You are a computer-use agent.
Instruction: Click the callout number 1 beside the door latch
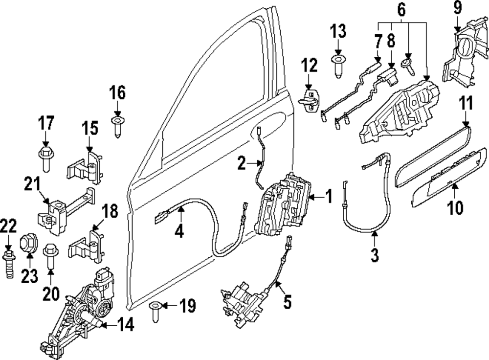click(x=329, y=197)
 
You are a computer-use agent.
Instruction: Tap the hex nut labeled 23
click(x=27, y=243)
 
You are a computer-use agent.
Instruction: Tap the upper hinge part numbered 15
click(x=87, y=166)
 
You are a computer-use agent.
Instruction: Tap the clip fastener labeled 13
click(x=338, y=65)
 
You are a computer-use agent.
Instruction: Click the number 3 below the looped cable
click(x=375, y=255)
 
